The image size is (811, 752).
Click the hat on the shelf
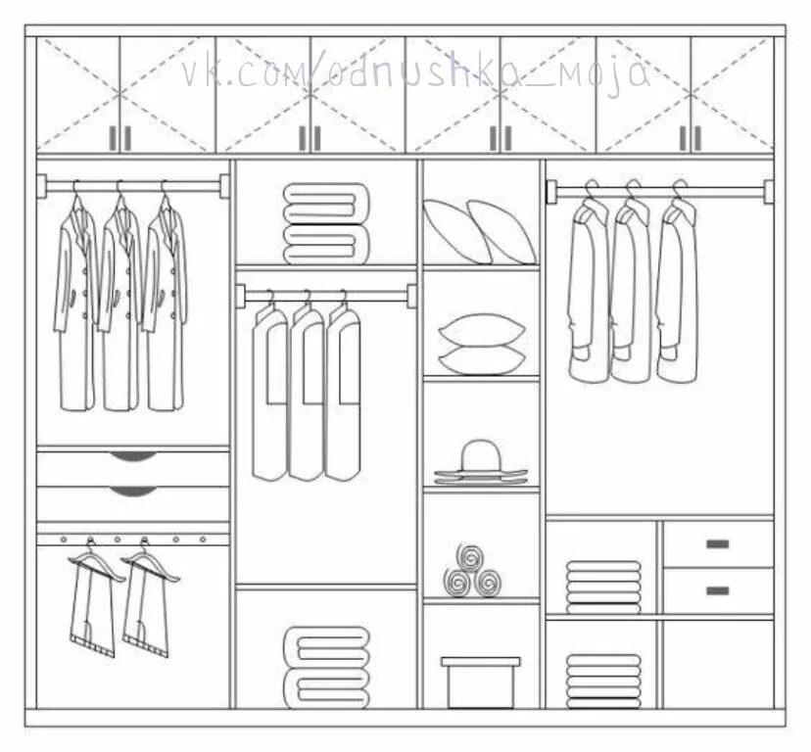(480, 462)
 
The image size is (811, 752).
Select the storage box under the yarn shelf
(480, 681)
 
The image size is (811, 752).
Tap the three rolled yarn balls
(471, 572)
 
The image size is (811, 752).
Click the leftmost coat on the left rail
(75, 304)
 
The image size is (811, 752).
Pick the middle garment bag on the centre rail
(307, 392)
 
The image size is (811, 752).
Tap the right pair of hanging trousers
(147, 602)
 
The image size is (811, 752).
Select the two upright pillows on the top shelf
(479, 231)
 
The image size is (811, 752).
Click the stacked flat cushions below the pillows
(481, 344)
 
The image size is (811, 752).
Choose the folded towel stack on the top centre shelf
(326, 223)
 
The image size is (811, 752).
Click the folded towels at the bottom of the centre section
(326, 666)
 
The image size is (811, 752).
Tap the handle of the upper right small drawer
(718, 543)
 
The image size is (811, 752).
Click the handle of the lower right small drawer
(718, 590)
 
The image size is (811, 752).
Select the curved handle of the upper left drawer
(132, 456)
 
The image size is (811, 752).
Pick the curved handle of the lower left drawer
(132, 491)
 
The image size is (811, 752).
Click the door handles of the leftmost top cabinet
(119, 138)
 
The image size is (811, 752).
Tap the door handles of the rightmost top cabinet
(691, 138)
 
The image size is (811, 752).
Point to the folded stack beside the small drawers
(603, 586)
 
